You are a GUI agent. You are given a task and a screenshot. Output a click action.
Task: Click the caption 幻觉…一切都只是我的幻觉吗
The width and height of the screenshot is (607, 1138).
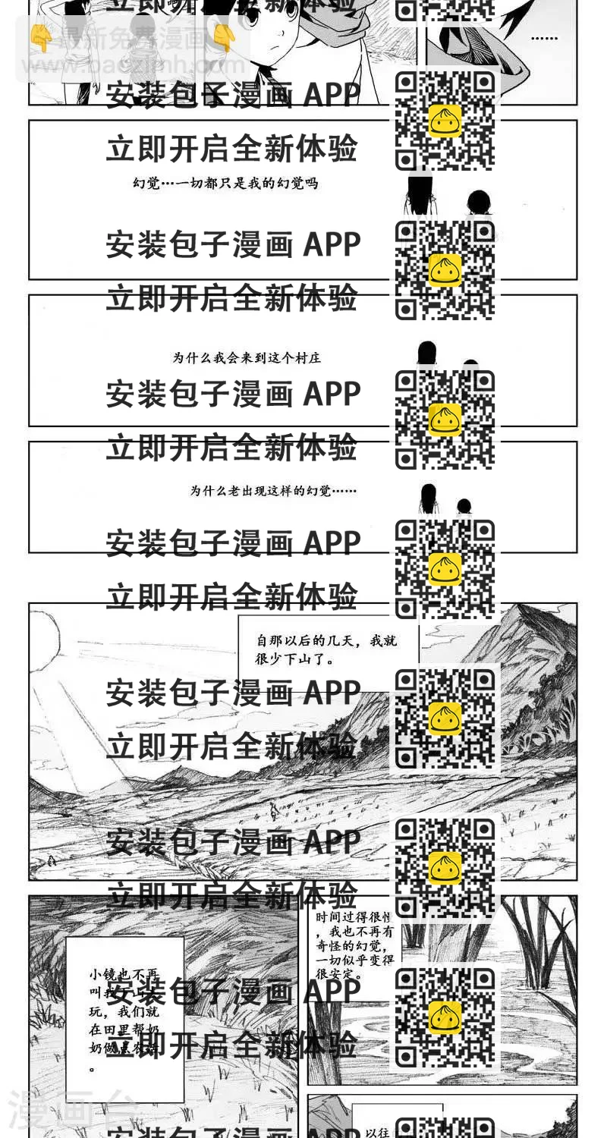225,183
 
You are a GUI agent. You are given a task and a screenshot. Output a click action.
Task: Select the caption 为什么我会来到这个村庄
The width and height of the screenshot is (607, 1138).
247,357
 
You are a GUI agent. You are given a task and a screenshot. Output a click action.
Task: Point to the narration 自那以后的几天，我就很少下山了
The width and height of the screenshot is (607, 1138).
326,650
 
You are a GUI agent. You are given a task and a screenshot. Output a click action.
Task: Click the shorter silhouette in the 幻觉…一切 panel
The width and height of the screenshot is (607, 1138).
477,203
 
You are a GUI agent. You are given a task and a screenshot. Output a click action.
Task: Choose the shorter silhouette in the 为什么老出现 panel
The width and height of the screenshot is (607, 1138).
464,506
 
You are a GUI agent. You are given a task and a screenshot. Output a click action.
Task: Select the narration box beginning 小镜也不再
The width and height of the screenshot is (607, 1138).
124,1019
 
